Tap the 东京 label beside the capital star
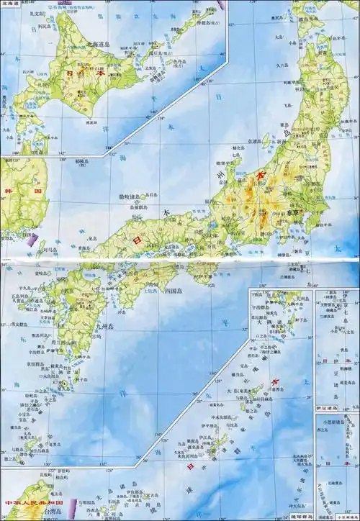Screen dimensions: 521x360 (292, 213)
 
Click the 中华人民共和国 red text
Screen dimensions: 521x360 (34, 500)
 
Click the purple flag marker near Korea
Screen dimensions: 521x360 (34, 245)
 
